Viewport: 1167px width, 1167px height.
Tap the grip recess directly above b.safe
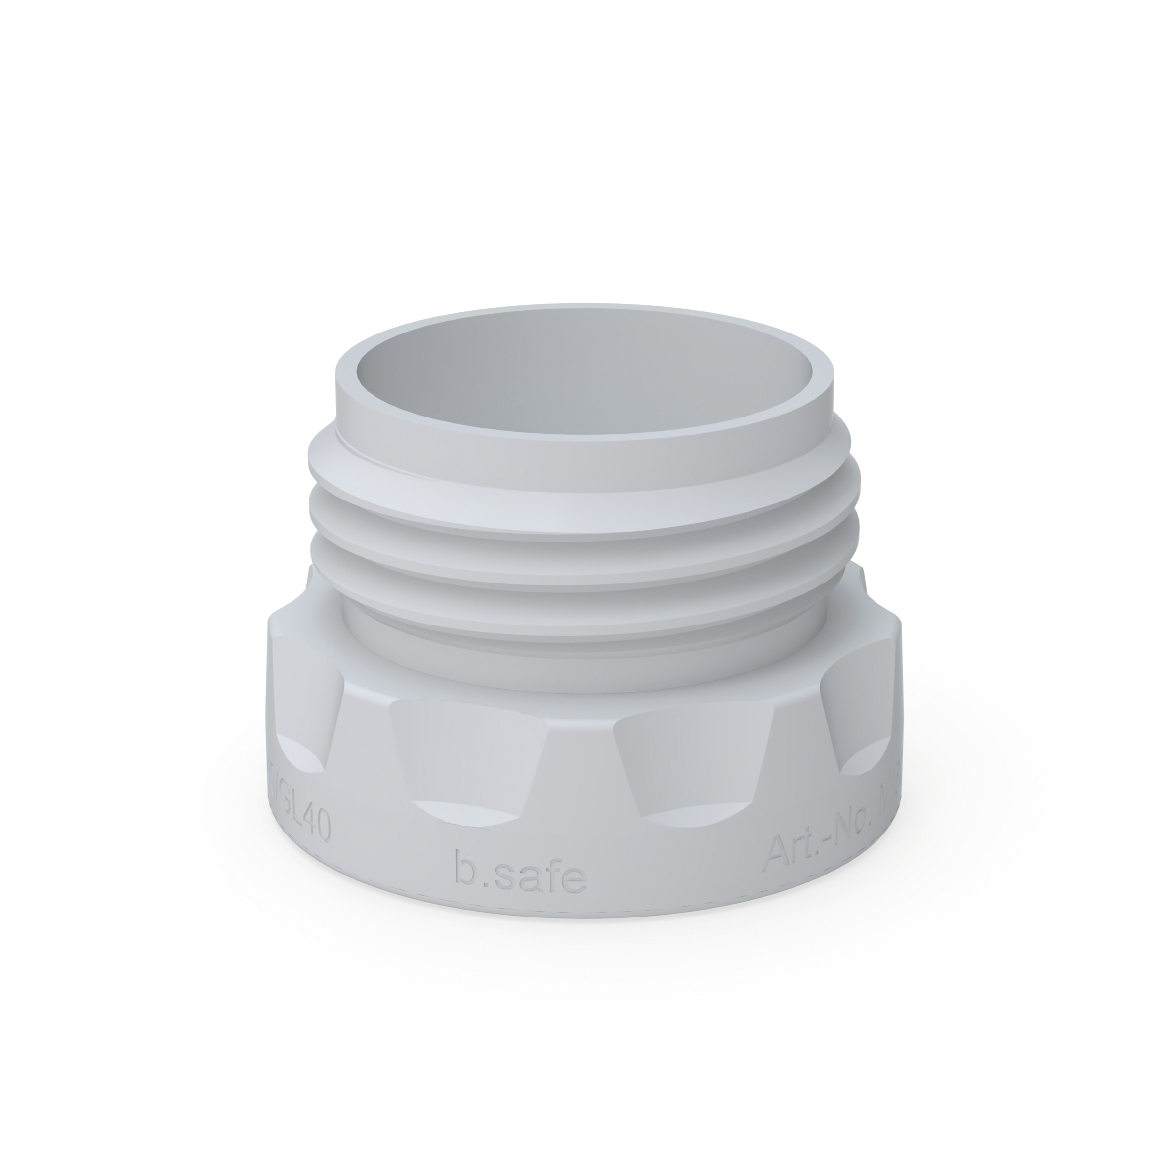[471, 755]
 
